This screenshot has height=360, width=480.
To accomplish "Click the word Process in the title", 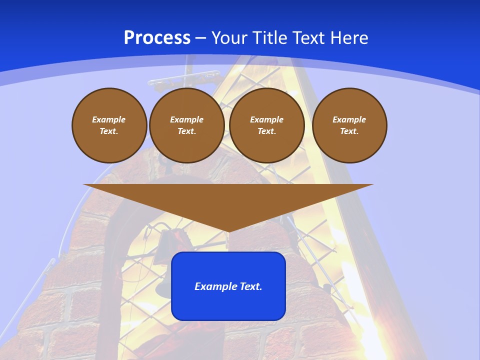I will [157, 38].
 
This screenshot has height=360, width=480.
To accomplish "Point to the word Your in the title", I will [230, 38].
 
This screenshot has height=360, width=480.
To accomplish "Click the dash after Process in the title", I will [200, 38].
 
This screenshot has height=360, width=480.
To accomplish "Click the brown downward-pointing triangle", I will [228, 200].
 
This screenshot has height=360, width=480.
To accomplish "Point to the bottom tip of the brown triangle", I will [228, 231].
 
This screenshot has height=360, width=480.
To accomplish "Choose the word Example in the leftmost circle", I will [109, 119].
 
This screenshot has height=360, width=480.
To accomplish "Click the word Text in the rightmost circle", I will [349, 131].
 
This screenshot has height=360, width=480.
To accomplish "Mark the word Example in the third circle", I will [266, 119].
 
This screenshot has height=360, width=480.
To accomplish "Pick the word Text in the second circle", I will [186, 131].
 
